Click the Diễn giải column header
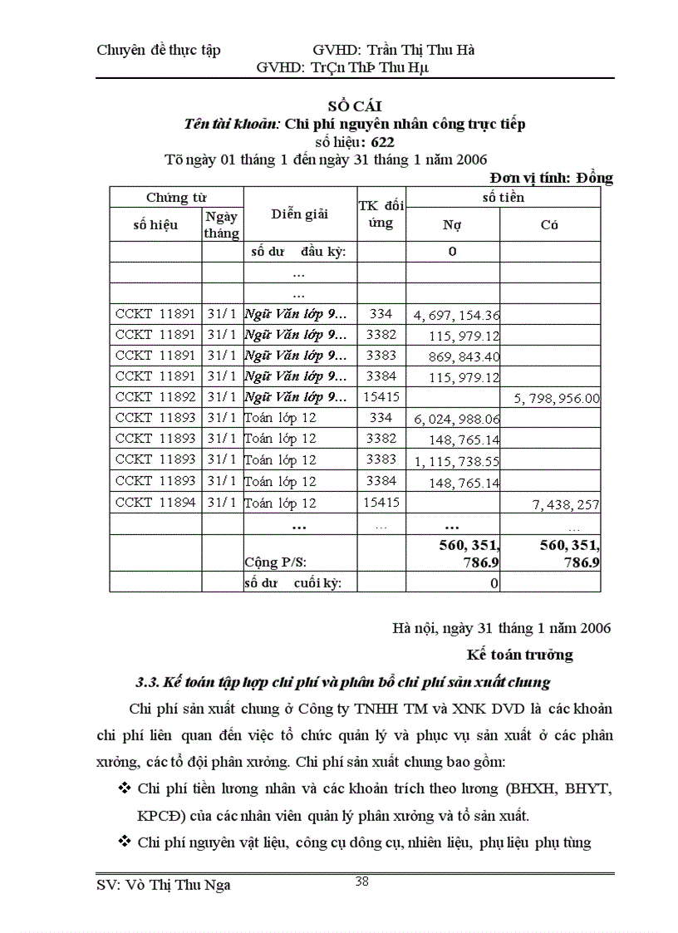pos(299,214)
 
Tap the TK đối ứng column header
pos(381,214)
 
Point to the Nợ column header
pos(452,224)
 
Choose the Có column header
pos(549,224)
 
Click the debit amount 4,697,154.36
pos(456,315)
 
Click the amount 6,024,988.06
pos(456,419)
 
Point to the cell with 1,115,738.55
pos(456,461)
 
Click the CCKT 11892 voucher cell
pos(155,397)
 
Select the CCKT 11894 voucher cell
pos(155,502)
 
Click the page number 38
pos(361,881)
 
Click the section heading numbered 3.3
pos(342,683)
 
